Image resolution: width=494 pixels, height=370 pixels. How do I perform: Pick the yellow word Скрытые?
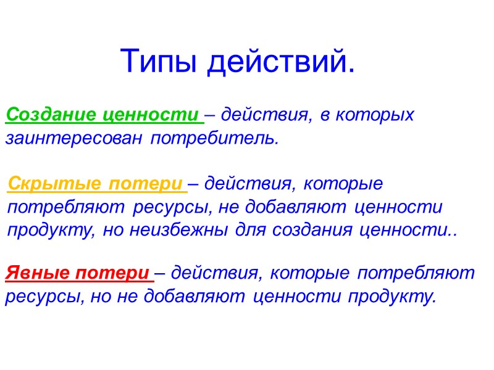[53, 184]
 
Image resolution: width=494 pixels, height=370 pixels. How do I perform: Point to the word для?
[246, 230]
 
